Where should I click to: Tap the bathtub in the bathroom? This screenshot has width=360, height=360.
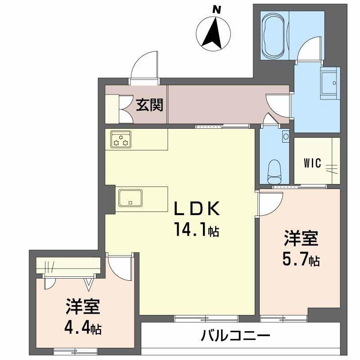tap(274, 35)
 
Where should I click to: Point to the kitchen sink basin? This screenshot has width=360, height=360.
tap(130, 198)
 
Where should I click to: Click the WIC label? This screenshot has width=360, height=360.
tap(312, 163)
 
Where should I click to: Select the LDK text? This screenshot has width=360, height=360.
tap(198, 209)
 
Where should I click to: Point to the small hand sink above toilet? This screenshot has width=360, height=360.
tap(286, 135)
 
